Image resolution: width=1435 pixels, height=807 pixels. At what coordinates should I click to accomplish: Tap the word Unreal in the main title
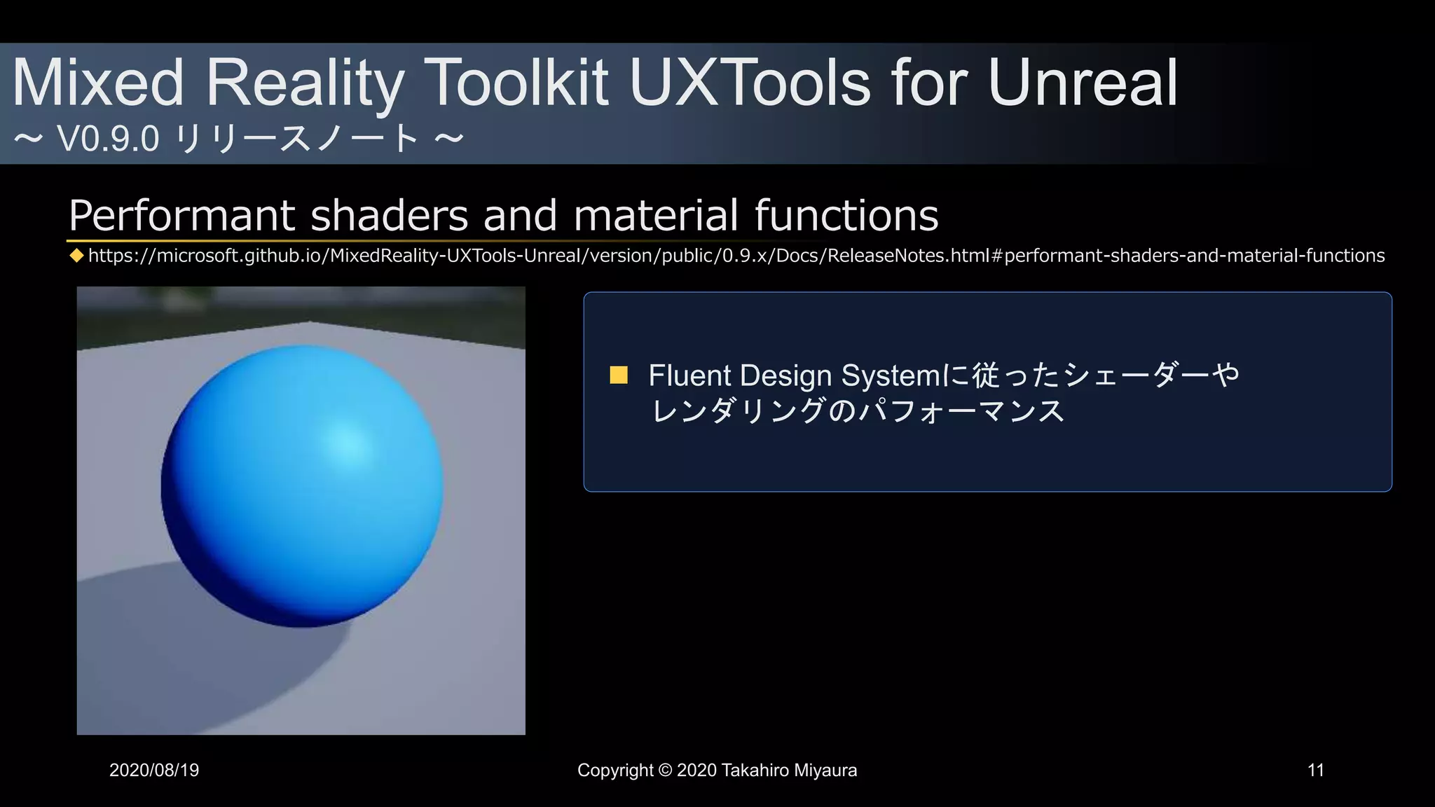point(1083,83)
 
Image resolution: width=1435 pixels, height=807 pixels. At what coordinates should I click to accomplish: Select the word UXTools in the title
point(749,83)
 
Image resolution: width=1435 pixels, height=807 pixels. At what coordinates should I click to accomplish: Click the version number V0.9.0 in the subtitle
point(109,139)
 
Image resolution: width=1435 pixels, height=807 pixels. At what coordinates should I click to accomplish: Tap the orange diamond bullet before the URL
point(76,256)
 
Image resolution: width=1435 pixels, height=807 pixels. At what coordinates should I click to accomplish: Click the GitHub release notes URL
point(736,256)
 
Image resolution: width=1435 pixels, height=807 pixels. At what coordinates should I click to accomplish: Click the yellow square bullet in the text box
point(619,375)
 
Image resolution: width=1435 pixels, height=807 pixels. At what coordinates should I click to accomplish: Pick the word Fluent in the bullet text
point(689,375)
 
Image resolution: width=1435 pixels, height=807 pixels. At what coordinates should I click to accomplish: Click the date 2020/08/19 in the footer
point(154,771)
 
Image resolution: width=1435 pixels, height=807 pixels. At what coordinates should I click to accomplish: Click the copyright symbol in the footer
point(665,771)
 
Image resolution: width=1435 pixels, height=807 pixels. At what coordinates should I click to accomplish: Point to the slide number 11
point(1315,771)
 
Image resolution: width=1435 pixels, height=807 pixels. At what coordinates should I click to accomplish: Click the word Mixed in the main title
point(98,83)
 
